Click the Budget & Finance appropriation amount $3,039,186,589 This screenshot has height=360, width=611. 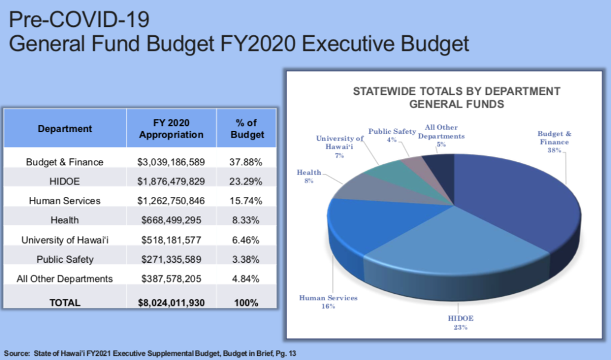171,162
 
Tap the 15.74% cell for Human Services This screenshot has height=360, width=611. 246,201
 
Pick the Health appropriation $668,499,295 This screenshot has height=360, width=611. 171,220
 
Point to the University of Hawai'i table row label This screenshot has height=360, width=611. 65,240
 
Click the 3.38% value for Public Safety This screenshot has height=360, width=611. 246,259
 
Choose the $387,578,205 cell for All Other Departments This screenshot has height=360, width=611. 171,279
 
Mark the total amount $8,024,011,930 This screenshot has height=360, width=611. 171,303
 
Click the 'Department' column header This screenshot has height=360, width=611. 65,128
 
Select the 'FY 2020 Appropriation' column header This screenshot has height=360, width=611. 171,128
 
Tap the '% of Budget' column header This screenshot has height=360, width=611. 246,128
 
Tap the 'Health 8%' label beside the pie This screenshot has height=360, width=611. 308,177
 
